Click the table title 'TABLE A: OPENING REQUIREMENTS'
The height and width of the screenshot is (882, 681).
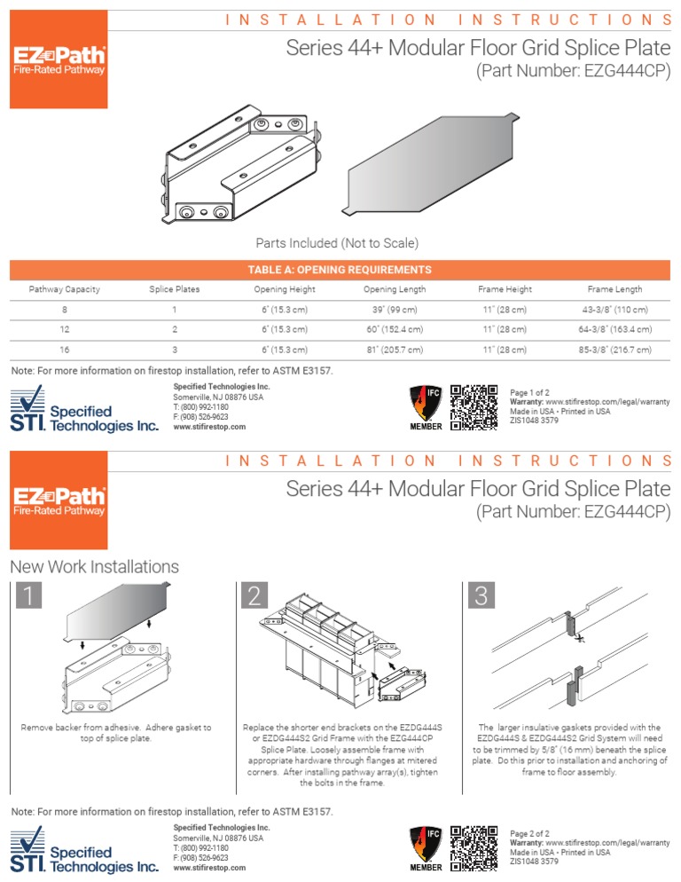coord(340,270)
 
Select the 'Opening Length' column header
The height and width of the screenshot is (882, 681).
coord(395,289)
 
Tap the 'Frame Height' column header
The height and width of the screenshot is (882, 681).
coord(505,289)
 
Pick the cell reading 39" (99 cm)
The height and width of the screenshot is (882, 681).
coord(395,310)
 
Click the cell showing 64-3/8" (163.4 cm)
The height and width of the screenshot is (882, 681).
coord(615,329)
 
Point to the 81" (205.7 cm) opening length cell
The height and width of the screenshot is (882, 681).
coord(395,350)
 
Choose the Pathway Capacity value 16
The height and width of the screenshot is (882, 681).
coord(64,350)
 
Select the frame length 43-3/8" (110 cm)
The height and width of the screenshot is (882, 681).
coord(615,310)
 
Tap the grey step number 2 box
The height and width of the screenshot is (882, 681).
coord(254,597)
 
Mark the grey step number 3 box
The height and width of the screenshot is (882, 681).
coord(481,597)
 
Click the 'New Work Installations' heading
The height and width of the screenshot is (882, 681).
coord(94,566)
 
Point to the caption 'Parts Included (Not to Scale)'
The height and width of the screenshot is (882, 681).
coord(337,242)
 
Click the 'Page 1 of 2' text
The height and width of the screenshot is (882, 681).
coord(530,392)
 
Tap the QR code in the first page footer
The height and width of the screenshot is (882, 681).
coord(474,407)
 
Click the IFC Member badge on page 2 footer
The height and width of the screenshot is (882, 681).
coord(425,847)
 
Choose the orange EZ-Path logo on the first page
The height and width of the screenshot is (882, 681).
coord(59,60)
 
